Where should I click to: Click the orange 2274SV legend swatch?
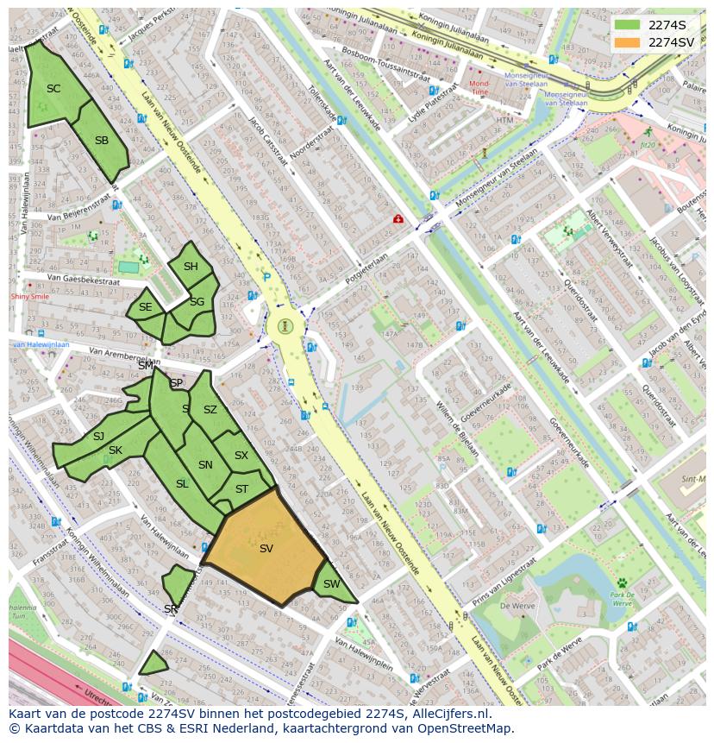click(x=628, y=42)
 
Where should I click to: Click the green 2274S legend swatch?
click(x=628, y=25)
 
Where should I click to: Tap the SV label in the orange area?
click(x=266, y=548)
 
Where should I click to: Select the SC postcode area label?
click(x=53, y=89)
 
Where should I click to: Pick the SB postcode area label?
click(x=102, y=141)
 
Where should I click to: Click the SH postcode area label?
click(x=191, y=267)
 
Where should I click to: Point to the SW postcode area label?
click(x=331, y=584)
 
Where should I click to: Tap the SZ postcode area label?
click(x=210, y=410)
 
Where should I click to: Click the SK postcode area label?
click(x=116, y=450)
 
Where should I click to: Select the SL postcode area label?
click(x=182, y=484)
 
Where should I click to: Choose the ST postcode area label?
click(x=241, y=489)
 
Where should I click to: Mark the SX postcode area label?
click(x=241, y=456)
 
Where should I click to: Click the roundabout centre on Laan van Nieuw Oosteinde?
click(x=285, y=327)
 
